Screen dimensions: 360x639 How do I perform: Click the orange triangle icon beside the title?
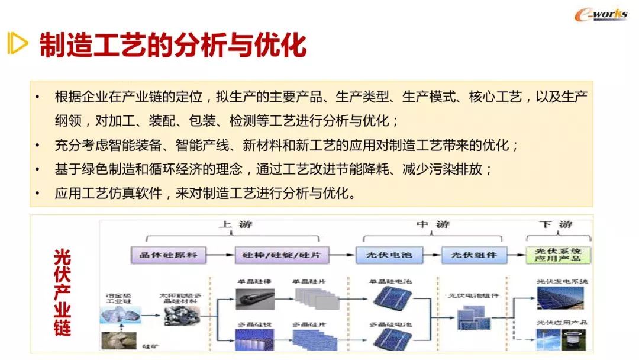[x=18, y=44]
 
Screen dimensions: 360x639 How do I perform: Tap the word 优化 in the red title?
[x=283, y=45]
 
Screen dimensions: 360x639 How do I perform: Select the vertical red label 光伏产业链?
[x=62, y=292]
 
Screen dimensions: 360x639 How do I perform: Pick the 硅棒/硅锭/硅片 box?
[x=277, y=256]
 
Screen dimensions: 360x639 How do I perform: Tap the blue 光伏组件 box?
[x=473, y=256]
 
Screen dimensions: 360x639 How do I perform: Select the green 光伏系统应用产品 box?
[x=557, y=256]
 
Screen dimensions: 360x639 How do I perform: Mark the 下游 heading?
[x=556, y=225]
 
